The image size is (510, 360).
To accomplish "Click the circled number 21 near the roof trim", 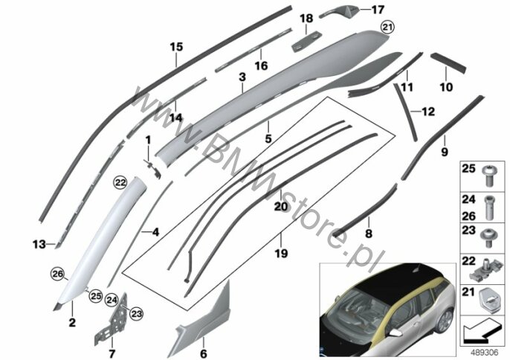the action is (387, 28).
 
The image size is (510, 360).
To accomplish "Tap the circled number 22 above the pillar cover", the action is (120, 183).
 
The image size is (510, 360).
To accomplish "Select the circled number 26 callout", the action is (57, 274).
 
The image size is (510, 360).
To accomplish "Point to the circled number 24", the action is (112, 300).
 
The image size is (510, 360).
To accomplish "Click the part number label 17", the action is (378, 10).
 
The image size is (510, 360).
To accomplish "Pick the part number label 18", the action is (306, 19).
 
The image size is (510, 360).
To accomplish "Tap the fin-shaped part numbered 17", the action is (339, 11).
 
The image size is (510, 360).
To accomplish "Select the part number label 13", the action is (39, 244).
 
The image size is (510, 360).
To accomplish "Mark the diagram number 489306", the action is (484, 352).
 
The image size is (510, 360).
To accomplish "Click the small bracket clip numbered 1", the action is (153, 168).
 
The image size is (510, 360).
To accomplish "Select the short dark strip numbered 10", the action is (448, 63).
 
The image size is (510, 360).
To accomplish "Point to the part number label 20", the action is (281, 206).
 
